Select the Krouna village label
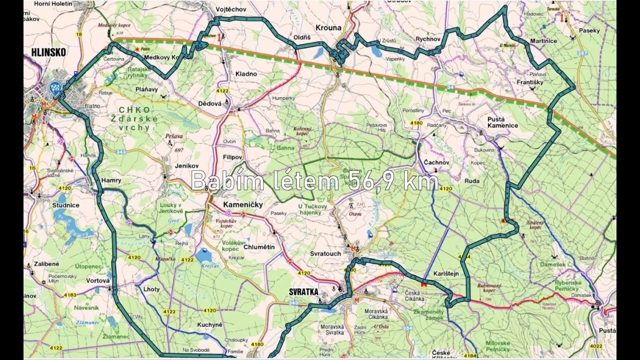coord(329,28)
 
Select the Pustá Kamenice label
coord(502,122)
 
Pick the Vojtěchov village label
coord(230,9)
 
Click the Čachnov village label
coord(436,162)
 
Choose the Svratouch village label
coord(325,253)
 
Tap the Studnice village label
coord(65,205)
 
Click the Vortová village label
coord(97,281)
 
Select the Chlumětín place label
coord(258,247)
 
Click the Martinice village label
coord(543,40)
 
